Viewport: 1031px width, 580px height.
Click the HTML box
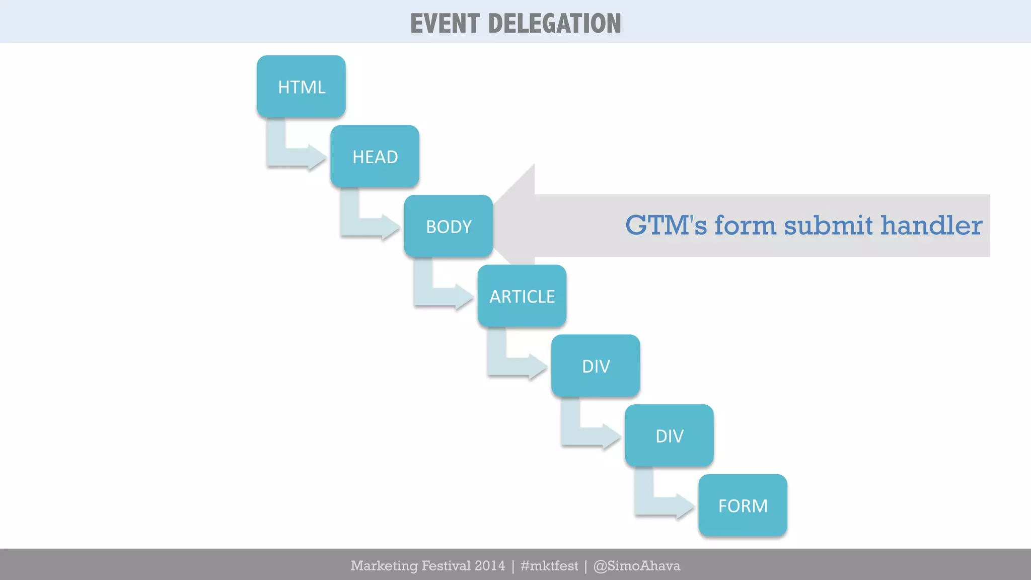(x=301, y=87)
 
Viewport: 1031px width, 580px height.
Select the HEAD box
(x=375, y=157)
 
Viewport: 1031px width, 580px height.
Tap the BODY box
(x=448, y=226)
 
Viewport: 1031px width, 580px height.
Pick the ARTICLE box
(x=522, y=296)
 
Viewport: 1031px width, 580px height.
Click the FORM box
(x=743, y=505)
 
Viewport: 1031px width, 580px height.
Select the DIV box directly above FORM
(x=669, y=436)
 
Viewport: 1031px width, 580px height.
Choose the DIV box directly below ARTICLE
(x=596, y=366)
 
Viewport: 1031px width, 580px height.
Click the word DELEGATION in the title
(x=554, y=24)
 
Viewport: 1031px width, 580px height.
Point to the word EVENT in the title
(x=445, y=24)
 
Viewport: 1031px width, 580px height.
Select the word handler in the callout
(x=931, y=225)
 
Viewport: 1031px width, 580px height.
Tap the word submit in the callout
(x=828, y=225)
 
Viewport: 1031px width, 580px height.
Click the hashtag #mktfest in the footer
(x=549, y=566)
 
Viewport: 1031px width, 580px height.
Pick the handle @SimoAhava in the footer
(x=637, y=566)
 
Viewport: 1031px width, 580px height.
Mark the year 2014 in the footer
(x=489, y=566)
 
